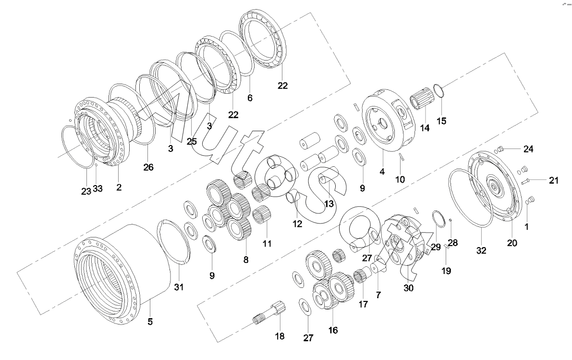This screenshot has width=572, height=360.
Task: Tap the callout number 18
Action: (280, 336)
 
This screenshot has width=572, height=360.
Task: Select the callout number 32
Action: (481, 250)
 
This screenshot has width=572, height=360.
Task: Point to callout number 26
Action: (148, 167)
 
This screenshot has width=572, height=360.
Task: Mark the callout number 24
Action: (528, 149)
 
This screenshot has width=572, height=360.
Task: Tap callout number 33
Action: (97, 189)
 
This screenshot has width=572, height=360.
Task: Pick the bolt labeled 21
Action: (524, 181)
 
